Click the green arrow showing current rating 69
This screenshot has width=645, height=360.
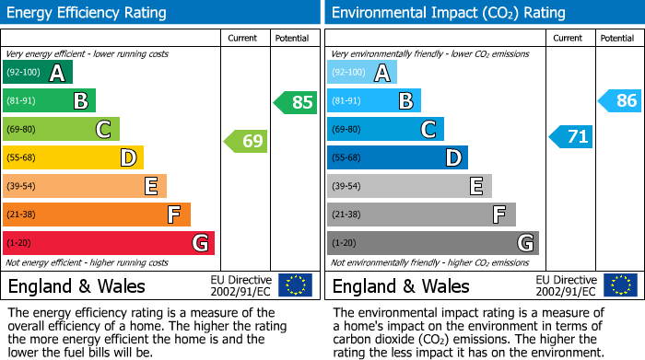point(246,142)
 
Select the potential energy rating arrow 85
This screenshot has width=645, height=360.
point(295,102)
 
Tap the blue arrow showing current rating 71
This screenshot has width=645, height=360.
point(570,137)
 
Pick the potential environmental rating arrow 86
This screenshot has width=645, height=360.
point(619,101)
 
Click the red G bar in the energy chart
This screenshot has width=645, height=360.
point(109,243)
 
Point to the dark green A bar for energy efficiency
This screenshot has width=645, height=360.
point(38,73)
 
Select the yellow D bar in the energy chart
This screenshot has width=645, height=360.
point(73,158)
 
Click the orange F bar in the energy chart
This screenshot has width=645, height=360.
point(97,215)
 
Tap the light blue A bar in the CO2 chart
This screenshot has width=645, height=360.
point(362,73)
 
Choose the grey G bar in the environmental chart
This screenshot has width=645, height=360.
point(432,243)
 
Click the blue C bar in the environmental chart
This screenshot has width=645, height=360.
point(385,130)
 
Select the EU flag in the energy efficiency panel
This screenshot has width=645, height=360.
point(295,285)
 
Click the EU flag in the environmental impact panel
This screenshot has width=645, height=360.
point(619,285)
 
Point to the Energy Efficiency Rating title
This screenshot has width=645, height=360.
point(88,13)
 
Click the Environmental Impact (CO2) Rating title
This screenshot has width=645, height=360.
point(448,13)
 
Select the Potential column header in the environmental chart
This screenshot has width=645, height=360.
point(617,38)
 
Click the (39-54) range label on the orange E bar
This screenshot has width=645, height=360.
point(23,187)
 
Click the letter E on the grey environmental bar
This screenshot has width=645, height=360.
point(475,187)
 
